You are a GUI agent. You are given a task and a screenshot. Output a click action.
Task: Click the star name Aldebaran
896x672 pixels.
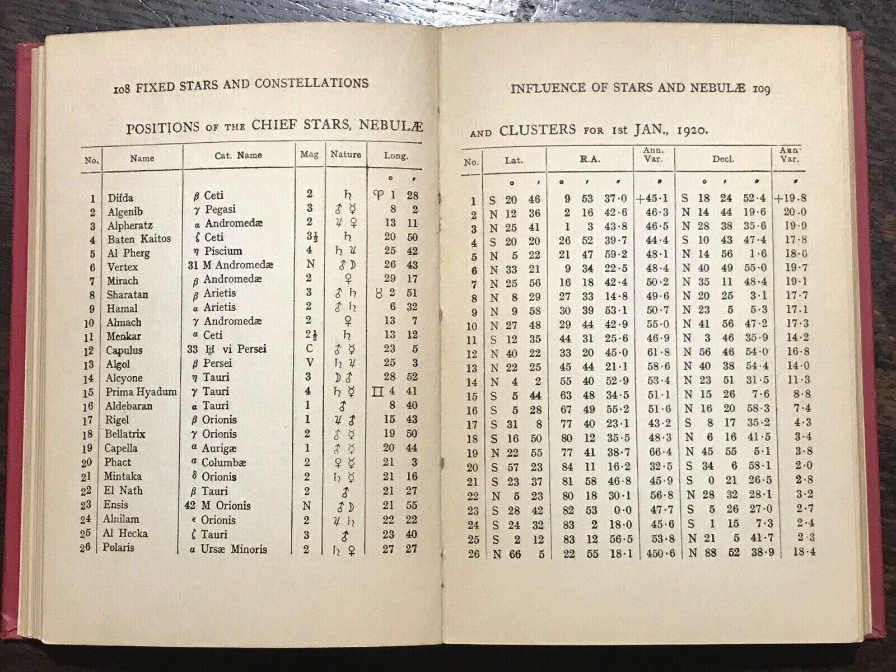[129, 406]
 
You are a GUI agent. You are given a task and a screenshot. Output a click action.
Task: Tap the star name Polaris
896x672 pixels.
[118, 548]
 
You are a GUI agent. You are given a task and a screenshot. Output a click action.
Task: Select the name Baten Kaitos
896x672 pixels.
[139, 239]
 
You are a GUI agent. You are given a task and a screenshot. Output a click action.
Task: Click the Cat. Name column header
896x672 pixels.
[238, 156]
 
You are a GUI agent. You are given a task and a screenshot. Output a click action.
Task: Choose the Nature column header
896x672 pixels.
[346, 154]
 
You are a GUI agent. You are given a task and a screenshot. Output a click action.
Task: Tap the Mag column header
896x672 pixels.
[310, 155]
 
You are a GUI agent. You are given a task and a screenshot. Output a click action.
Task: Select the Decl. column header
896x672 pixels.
[723, 159]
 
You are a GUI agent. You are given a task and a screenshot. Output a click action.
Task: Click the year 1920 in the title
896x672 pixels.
[694, 130]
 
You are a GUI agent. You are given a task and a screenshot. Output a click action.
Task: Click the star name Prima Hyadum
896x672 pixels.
[141, 392]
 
